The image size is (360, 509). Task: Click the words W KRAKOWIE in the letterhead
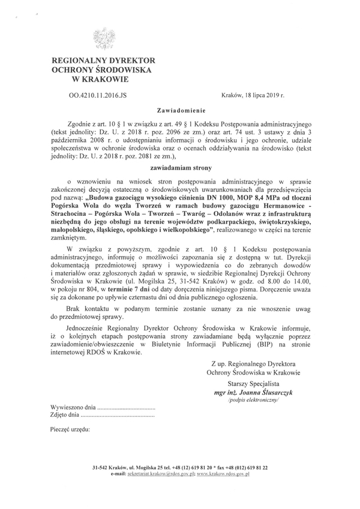click(104, 79)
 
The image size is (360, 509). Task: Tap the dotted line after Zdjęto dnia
click(117, 414)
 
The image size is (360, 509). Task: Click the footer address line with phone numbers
click(180, 467)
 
